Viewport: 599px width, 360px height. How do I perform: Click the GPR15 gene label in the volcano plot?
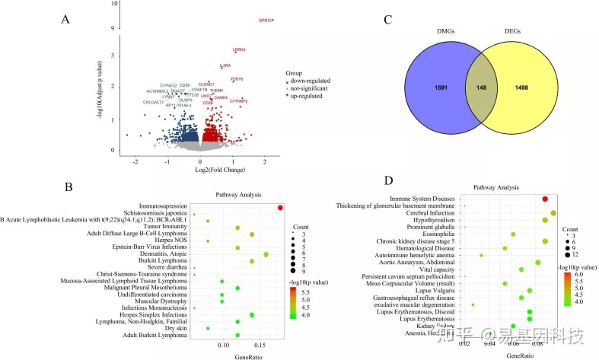tap(264, 21)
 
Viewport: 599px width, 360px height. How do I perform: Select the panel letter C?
tap(389, 21)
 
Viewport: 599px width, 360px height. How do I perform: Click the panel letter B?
tap(68, 186)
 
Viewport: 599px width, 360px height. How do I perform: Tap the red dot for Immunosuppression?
tap(280, 207)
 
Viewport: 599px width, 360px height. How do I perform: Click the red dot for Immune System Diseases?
tap(545, 199)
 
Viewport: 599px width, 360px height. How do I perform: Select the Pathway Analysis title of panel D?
tap(499, 186)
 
